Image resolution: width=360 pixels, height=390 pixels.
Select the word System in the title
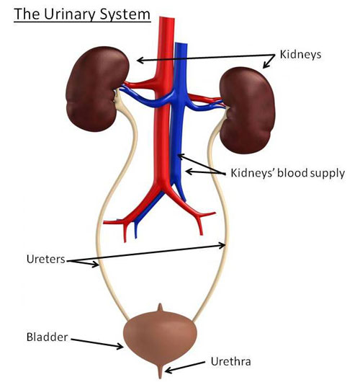coord(125,14)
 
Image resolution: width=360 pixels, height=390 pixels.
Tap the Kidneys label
coord(300,55)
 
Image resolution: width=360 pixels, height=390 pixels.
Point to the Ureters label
coord(45,260)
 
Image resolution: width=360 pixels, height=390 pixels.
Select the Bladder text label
coord(48,337)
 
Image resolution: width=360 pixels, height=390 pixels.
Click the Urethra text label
coord(231,361)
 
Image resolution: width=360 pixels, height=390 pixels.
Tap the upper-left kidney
coord(96,89)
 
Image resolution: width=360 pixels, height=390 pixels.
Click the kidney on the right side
coord(248,110)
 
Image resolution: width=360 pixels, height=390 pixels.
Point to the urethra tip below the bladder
coord(161,375)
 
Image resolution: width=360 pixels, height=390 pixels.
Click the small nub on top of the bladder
coord(161,307)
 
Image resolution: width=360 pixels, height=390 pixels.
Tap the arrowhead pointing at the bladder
coord(120,346)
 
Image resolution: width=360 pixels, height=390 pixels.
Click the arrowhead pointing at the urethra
coord(168,371)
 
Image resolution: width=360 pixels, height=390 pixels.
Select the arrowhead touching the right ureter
coord(222,246)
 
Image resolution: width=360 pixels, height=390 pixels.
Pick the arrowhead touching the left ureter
coord(95,264)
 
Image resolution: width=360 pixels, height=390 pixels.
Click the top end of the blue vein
coord(181,44)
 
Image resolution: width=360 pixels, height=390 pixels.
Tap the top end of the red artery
coord(167,18)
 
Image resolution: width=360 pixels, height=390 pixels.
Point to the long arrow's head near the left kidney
coord(140,60)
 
